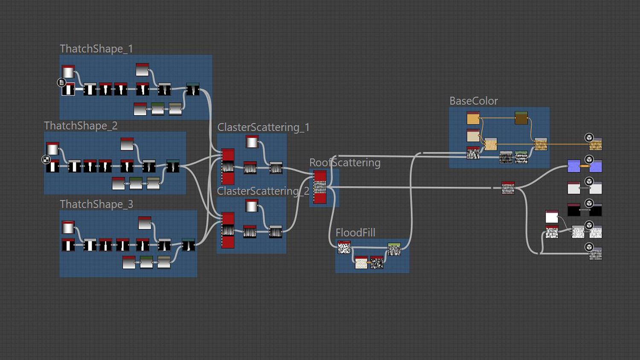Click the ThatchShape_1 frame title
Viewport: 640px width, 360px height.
tap(96, 49)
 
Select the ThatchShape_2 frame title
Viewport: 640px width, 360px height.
tap(81, 126)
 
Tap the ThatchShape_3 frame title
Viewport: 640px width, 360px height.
tap(96, 204)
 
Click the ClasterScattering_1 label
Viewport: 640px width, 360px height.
tap(263, 128)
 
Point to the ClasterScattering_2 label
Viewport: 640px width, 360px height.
tap(263, 191)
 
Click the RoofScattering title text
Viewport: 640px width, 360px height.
tap(345, 163)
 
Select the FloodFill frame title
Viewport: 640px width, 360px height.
tap(355, 233)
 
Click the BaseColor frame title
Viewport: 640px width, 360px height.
tap(474, 101)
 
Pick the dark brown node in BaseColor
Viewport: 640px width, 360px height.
tap(521, 118)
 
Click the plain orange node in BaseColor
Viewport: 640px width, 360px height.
tap(473, 118)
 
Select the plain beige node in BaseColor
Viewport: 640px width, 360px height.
tap(473, 136)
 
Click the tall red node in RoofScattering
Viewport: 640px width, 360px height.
tap(320, 187)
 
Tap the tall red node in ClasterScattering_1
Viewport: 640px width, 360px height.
tap(228, 166)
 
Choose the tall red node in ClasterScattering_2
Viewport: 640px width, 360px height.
tap(228, 230)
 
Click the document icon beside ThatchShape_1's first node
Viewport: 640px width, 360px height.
tap(61, 82)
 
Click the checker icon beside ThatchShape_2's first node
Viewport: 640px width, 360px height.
tap(46, 160)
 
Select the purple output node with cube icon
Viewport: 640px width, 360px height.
tap(596, 166)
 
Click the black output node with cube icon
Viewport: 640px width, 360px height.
tap(596, 210)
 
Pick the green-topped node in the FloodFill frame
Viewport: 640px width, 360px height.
tap(394, 249)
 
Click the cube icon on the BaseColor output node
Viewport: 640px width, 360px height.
tap(589, 137)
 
